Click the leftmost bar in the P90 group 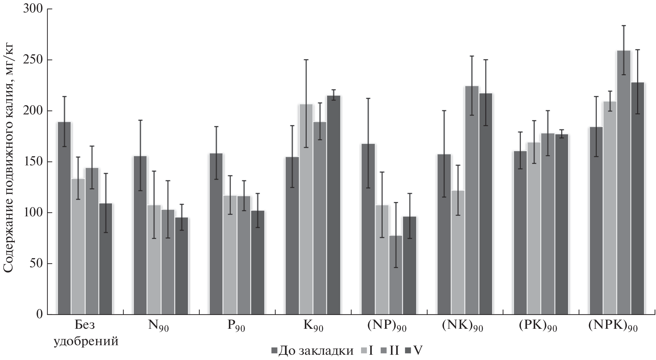click(216, 234)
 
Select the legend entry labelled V click(418, 351)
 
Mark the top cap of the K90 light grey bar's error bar click(306, 60)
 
